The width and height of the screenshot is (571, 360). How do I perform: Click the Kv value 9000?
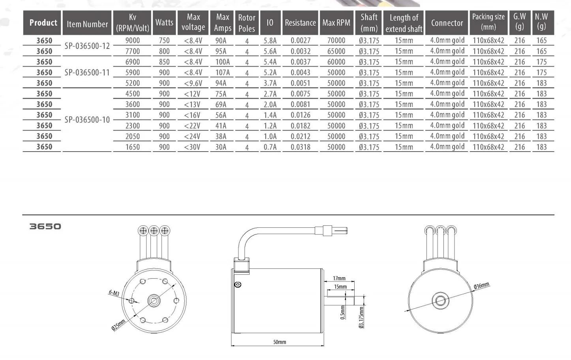pos(133,41)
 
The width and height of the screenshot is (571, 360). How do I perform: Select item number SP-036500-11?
pos(87,73)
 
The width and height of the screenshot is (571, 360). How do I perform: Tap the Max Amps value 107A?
pos(223,73)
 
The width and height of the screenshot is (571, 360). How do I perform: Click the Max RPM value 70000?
pos(336,41)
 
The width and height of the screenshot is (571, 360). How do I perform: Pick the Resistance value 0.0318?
pos(300,147)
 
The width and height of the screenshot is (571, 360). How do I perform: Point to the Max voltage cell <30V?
pos(192,147)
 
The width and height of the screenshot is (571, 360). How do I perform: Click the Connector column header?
pos(447,23)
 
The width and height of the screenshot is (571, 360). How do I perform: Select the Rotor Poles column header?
pos(247,23)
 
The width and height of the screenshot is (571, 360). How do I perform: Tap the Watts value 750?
pos(164,41)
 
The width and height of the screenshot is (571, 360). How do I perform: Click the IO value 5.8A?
pos(270,41)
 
